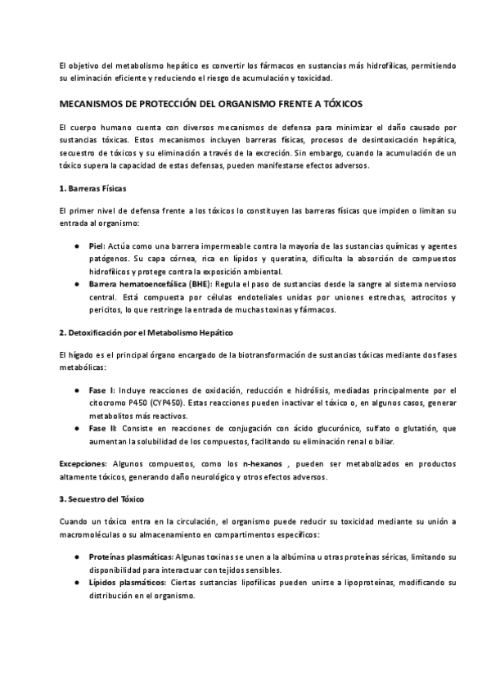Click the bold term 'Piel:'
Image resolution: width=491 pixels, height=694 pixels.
tap(96, 246)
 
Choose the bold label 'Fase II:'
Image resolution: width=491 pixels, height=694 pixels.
tap(101, 428)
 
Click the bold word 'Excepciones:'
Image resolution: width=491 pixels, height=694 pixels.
tap(86, 464)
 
